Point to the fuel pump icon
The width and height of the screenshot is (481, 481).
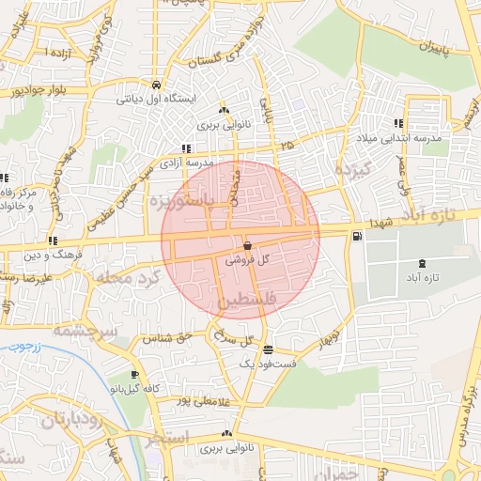click(357, 236)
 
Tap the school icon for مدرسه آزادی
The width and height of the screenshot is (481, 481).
click(186, 148)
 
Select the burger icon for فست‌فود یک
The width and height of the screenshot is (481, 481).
click(270, 349)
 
